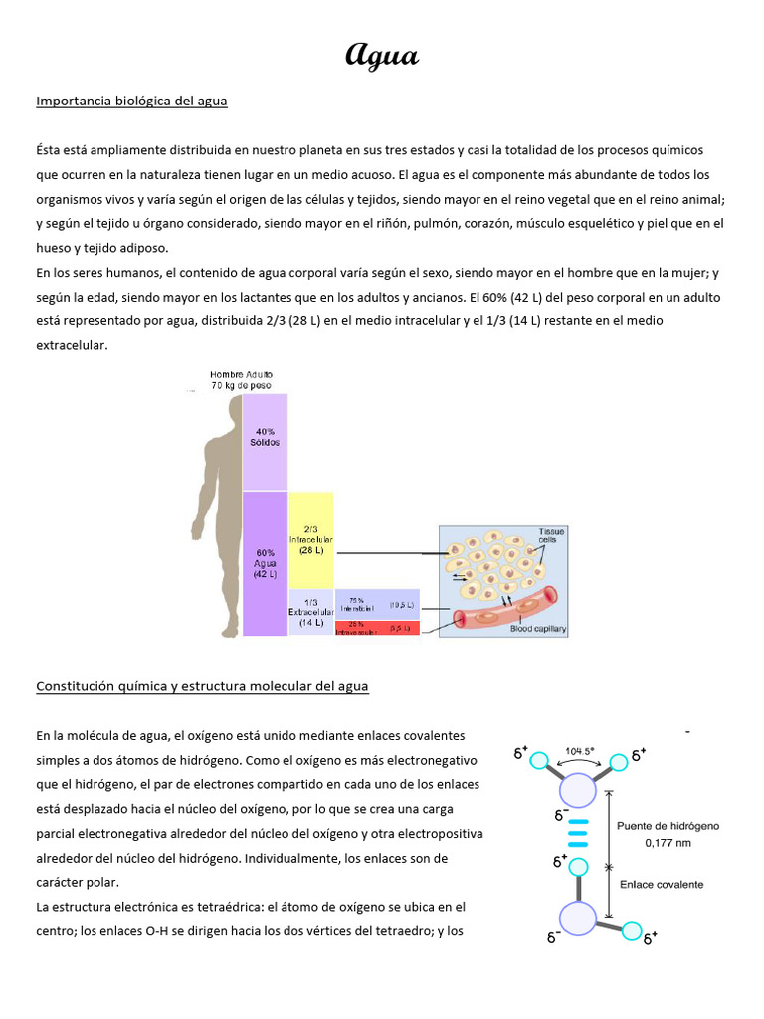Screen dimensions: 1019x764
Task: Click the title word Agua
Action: coord(382,55)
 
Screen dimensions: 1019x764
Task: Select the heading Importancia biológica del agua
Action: coord(131,101)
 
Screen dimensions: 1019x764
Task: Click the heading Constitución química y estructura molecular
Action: coord(202,686)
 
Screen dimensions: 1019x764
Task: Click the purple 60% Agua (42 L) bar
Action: coord(265,563)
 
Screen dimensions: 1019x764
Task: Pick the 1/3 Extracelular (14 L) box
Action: coord(311,612)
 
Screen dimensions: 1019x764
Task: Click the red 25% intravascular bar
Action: coord(377,629)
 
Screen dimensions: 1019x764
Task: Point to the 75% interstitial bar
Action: coord(377,604)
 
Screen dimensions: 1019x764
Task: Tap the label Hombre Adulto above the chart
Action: coord(240,374)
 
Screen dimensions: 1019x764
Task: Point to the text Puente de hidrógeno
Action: coord(668,825)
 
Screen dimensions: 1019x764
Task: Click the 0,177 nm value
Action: coord(668,842)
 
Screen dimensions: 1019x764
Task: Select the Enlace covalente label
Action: coord(661,884)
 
